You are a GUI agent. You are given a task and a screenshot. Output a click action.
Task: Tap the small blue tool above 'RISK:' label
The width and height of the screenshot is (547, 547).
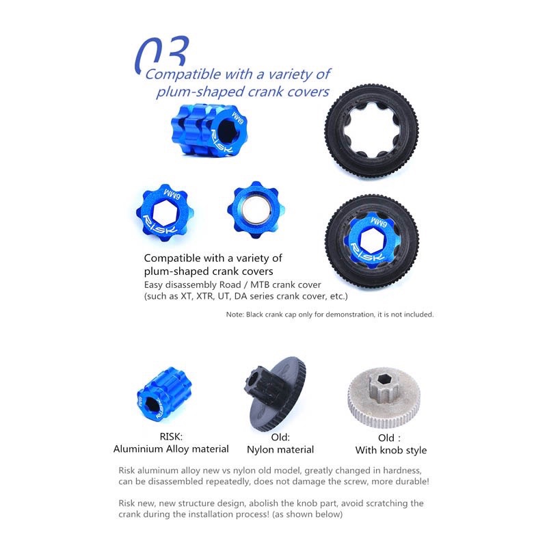pos(164,394)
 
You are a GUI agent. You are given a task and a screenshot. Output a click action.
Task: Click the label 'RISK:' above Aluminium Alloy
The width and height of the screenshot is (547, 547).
pos(171,436)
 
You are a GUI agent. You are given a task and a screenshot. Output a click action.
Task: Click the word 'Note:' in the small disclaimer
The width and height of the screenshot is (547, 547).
pos(235,315)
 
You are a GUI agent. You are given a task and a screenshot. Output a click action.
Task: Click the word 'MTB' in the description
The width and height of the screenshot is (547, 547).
pos(260,284)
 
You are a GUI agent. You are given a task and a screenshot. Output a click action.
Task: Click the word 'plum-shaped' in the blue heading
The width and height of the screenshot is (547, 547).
pos(200,92)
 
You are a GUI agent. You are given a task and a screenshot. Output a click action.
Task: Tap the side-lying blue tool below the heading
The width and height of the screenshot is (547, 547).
pos(209,129)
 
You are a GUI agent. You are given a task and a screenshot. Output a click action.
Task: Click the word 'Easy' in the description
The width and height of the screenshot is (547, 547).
pos(153,285)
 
